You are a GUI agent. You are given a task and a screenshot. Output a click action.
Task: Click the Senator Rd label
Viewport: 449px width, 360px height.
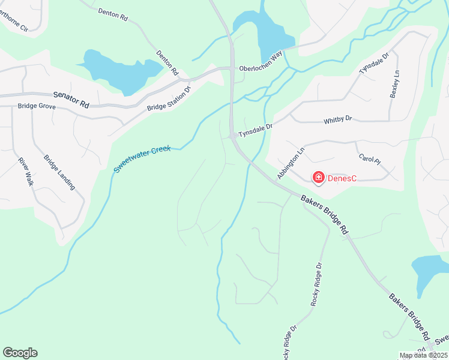point(71,100)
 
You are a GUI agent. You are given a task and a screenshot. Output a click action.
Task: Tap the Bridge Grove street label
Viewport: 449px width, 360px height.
point(37,106)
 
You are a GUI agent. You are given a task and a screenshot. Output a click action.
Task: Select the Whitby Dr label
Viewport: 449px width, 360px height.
point(337,120)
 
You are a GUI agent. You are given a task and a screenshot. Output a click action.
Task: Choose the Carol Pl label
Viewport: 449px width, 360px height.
point(369,159)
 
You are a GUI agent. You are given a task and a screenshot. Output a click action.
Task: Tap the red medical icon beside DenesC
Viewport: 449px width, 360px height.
point(318,177)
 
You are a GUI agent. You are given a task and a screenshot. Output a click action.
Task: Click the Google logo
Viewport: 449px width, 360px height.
point(20,353)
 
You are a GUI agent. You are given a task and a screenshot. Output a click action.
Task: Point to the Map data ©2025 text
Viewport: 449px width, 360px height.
point(423,356)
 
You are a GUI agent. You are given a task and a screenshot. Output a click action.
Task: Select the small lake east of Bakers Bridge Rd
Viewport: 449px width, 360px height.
point(431,268)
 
